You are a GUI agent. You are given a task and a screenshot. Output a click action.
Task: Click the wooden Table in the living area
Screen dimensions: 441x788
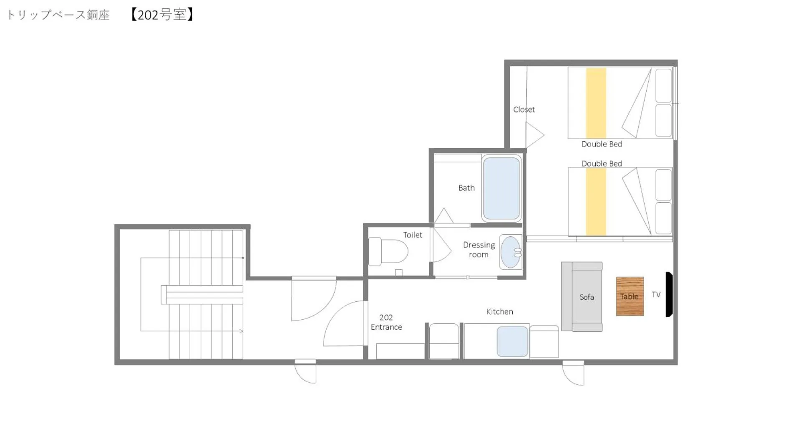click(629, 296)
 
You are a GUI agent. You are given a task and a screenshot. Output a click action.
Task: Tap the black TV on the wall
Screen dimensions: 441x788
click(669, 294)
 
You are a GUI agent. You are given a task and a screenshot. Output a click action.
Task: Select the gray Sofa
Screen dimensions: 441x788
click(582, 296)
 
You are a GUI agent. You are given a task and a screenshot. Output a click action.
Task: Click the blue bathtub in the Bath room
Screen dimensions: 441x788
click(501, 188)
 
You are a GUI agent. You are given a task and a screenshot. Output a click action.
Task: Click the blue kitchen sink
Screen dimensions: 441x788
click(512, 341)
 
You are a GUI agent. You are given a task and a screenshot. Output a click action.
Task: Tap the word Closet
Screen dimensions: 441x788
click(524, 110)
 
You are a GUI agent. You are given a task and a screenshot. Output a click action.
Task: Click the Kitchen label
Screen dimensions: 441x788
click(499, 312)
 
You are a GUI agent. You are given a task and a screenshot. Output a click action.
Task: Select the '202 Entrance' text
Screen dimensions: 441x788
click(386, 322)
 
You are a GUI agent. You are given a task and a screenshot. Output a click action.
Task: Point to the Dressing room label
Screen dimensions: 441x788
click(478, 250)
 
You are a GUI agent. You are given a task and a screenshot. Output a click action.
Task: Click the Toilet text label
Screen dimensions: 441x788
click(413, 235)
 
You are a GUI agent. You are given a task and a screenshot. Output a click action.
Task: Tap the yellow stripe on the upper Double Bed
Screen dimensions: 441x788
click(596, 103)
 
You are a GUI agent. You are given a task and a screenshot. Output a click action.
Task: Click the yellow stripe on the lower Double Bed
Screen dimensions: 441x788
click(596, 202)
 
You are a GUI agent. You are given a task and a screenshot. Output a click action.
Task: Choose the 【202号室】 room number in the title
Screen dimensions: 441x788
click(161, 15)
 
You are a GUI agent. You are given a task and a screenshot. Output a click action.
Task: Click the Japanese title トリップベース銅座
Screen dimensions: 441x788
click(58, 15)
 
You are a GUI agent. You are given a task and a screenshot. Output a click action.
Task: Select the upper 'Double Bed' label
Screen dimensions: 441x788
click(602, 144)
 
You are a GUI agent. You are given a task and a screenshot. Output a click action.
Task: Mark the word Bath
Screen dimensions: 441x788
click(466, 188)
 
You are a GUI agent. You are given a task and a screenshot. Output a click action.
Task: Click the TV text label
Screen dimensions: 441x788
click(656, 295)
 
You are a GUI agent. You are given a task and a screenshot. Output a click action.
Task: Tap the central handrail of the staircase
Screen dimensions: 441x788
click(203, 295)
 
